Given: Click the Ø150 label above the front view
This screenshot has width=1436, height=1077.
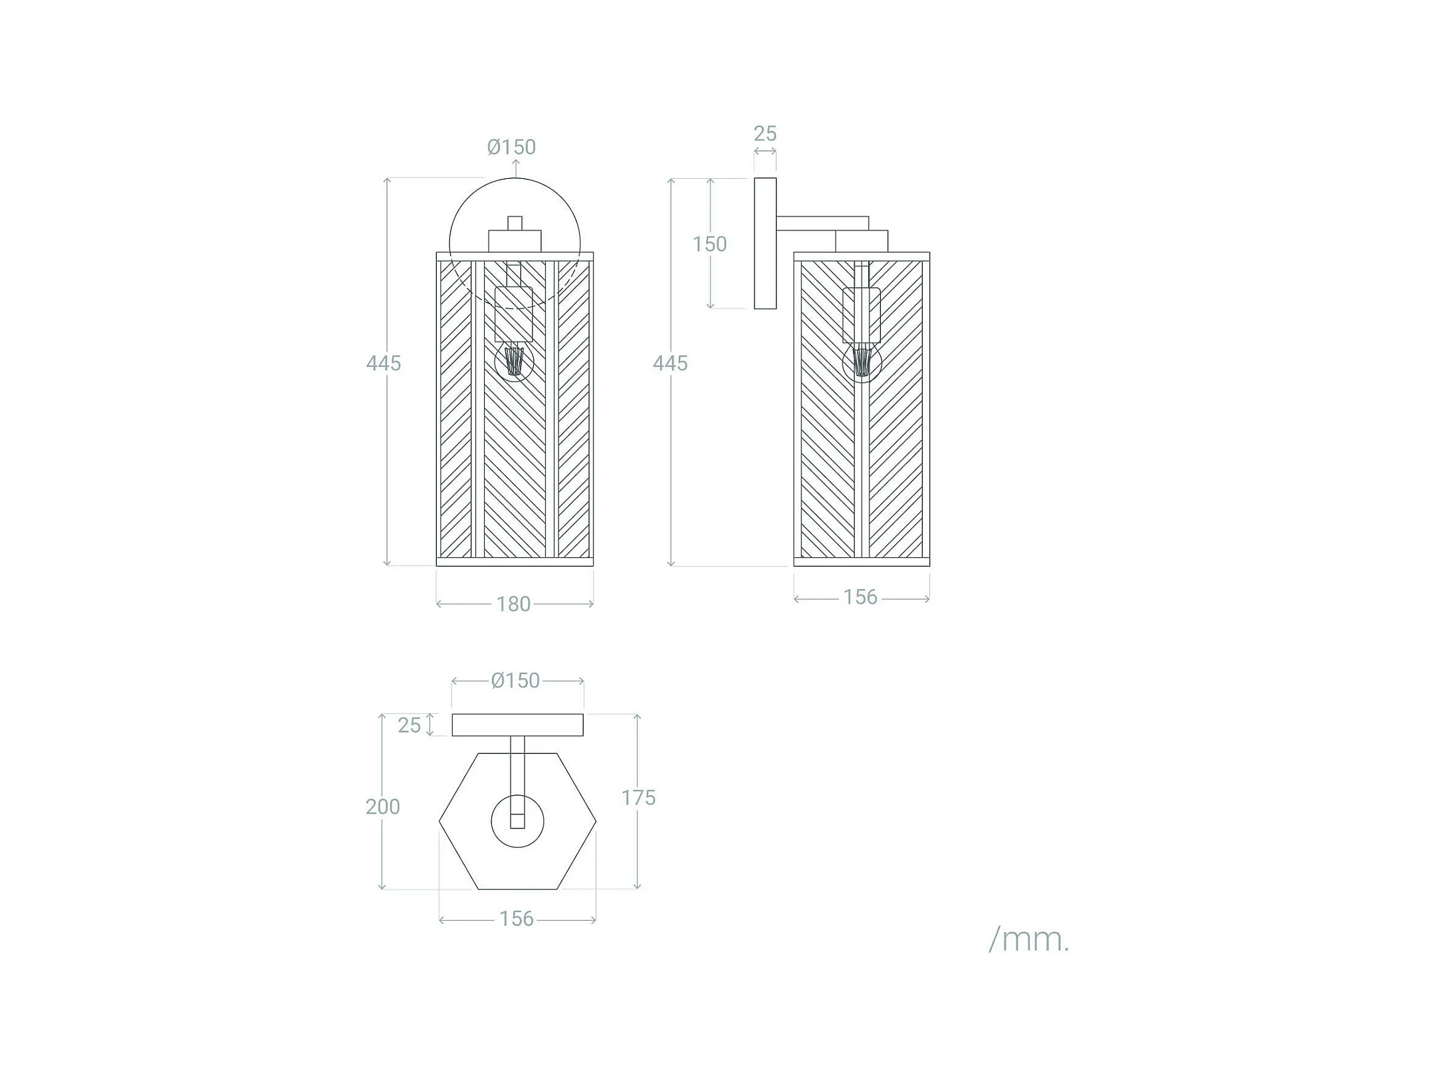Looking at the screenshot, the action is click(x=511, y=147).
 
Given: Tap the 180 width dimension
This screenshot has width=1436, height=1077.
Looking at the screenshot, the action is click(x=513, y=604).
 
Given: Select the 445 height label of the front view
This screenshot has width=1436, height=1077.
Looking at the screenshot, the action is click(x=384, y=363).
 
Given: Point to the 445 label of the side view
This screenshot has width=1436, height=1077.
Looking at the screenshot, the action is click(x=670, y=363).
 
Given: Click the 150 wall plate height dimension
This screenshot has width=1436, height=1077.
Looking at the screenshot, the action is click(x=709, y=244).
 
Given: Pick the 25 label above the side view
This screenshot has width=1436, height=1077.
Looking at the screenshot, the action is click(x=765, y=134).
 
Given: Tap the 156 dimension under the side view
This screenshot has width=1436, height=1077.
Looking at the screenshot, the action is click(x=861, y=598).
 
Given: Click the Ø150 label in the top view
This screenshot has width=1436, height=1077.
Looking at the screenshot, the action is click(x=515, y=681).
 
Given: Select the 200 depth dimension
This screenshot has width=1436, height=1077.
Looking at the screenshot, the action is click(x=382, y=806).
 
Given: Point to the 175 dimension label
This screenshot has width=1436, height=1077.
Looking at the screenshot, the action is click(x=638, y=798).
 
